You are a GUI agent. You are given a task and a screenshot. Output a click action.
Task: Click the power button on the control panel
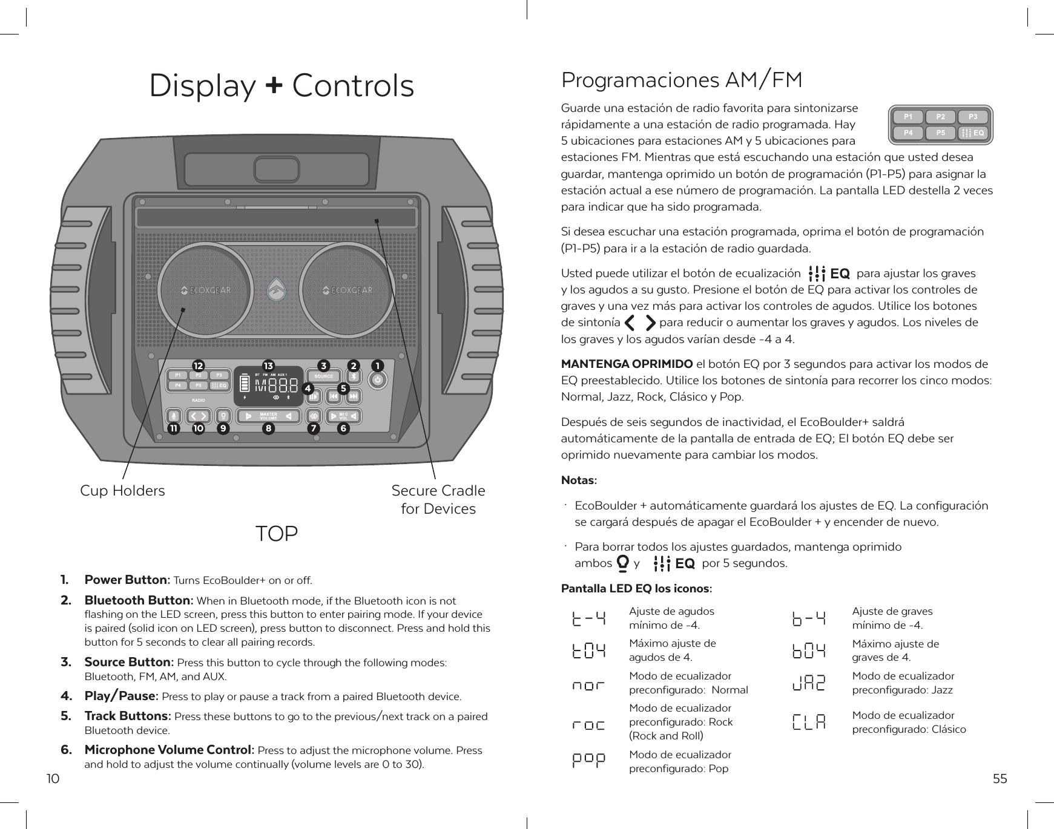click(x=378, y=380)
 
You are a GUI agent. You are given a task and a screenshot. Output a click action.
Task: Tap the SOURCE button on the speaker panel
click(x=324, y=376)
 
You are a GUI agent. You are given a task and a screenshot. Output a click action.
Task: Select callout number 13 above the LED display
click(x=268, y=365)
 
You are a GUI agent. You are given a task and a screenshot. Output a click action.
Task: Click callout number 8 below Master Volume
click(x=268, y=428)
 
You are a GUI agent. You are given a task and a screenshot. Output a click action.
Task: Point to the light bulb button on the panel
click(x=223, y=416)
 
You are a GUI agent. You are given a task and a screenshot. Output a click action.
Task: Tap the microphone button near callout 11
click(x=174, y=416)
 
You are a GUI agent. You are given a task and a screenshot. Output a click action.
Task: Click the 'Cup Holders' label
click(x=122, y=490)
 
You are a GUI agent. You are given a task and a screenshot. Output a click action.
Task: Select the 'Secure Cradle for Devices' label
click(x=438, y=499)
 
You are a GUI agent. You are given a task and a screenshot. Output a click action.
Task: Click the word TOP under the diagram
click(x=277, y=534)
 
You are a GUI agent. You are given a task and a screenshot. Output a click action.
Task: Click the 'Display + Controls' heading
click(x=282, y=86)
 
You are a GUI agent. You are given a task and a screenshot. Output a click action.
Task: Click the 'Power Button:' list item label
click(x=127, y=580)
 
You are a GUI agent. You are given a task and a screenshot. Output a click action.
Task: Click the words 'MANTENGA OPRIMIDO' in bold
click(x=627, y=364)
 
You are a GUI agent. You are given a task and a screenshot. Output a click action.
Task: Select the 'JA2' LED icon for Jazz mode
click(x=809, y=683)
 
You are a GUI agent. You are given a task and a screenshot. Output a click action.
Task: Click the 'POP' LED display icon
click(x=588, y=761)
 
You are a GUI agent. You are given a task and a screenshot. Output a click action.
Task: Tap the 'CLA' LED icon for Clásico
click(x=809, y=722)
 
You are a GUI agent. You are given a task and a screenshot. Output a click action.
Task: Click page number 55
click(x=1000, y=779)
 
